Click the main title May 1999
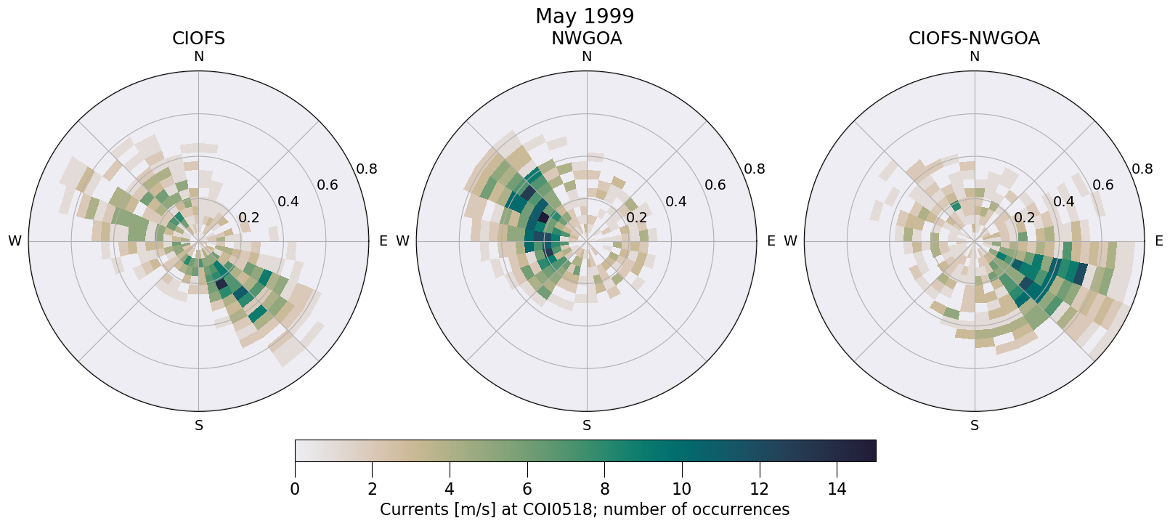pyautogui.click(x=585, y=16)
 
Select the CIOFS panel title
pyautogui.click(x=198, y=39)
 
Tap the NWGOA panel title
pyautogui.click(x=586, y=39)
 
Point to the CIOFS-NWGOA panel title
pyautogui.click(x=974, y=39)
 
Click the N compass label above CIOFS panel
pyautogui.click(x=198, y=57)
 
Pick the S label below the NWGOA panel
pyautogui.click(x=586, y=426)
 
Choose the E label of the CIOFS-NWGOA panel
pyautogui.click(x=1158, y=241)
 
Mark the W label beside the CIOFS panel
pyautogui.click(x=15, y=241)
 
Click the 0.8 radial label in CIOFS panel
pyautogui.click(x=366, y=169)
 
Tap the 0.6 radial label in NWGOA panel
pyautogui.click(x=715, y=185)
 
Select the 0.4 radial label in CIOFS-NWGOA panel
pyautogui.click(x=1063, y=201)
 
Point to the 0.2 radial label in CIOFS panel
pyautogui.click(x=248, y=218)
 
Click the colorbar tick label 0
pyautogui.click(x=295, y=490)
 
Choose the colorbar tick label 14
pyautogui.click(x=837, y=490)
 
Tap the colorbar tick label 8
pyautogui.click(x=604, y=490)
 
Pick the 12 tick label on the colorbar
pyautogui.click(x=759, y=490)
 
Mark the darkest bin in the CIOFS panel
pyautogui.click(x=222, y=283)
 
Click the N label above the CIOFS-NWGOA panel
pyautogui.click(x=974, y=57)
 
